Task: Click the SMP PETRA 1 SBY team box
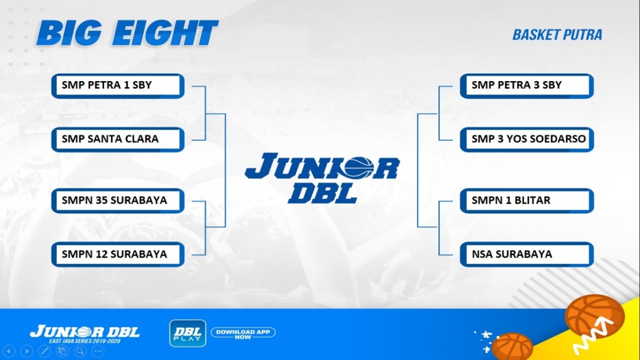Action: point(118,86)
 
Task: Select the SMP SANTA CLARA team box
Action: point(118,140)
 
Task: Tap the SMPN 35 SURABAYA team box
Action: point(118,201)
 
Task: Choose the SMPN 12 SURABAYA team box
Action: point(118,254)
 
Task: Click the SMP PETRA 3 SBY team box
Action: point(526,86)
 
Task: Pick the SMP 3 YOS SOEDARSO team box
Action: point(526,140)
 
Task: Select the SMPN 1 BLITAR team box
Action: point(526,201)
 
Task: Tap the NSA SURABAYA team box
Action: point(526,254)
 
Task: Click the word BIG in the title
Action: point(69,34)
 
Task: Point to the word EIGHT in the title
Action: point(165,33)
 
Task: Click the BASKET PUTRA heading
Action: point(557,35)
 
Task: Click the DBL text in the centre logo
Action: point(323,194)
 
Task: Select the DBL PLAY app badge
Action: point(188,333)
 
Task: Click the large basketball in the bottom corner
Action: point(594,317)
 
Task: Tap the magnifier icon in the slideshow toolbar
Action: point(81,351)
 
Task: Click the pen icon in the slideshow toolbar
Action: point(45,351)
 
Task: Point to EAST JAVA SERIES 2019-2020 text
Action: point(85,341)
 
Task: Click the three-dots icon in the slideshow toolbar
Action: point(98,351)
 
